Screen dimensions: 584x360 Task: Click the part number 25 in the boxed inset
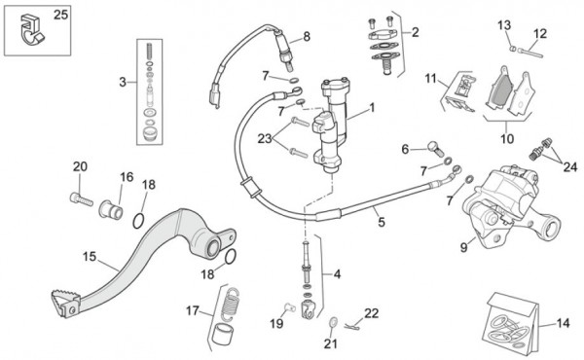tap(60, 15)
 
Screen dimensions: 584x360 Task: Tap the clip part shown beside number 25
tap(31, 29)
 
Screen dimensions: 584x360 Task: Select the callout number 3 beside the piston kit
tap(123, 82)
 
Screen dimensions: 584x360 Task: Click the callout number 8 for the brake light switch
tap(307, 36)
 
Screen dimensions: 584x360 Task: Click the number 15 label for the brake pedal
tap(90, 257)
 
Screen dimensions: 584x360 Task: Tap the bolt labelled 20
tap(81, 198)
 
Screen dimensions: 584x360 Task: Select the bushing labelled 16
tap(111, 210)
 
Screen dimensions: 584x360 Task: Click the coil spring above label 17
tap(230, 304)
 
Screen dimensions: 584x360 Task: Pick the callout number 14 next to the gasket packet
tap(563, 323)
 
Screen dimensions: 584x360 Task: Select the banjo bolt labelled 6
tap(435, 148)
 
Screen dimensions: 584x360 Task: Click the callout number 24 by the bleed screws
tap(569, 167)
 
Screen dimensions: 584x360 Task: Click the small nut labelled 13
tap(513, 49)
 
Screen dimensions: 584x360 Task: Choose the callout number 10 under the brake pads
tap(507, 139)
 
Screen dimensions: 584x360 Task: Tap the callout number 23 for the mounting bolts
tap(265, 139)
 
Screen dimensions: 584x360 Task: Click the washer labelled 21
tap(333, 321)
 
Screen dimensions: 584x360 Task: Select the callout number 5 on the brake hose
tap(381, 222)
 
